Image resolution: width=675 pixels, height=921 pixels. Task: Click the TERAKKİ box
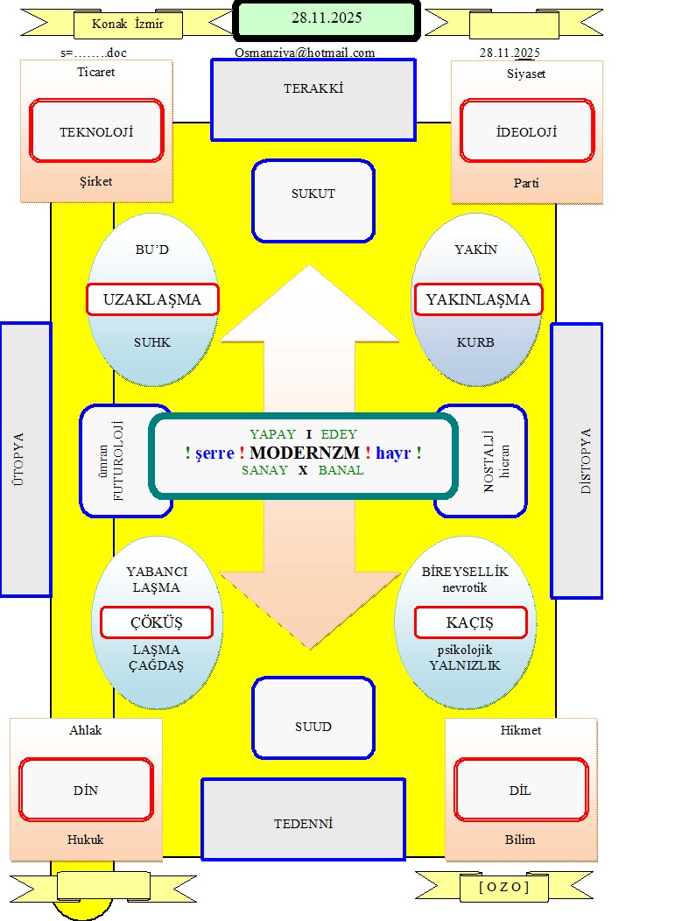point(313,99)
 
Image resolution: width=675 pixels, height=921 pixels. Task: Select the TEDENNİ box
point(303,823)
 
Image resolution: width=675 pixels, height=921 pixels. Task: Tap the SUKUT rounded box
point(313,200)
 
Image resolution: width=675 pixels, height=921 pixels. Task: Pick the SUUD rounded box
point(313,717)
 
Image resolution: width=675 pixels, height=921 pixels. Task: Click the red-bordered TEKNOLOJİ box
point(96,131)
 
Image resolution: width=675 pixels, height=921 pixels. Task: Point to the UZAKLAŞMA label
point(152,299)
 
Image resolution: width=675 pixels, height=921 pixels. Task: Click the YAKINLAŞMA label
point(478,299)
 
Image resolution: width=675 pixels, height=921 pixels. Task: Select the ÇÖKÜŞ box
point(157,622)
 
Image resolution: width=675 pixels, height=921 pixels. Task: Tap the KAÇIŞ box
point(470,622)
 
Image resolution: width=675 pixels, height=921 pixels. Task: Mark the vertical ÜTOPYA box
point(25,459)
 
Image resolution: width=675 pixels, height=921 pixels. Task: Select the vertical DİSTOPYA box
point(577,460)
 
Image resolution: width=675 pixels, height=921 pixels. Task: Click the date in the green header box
point(326,17)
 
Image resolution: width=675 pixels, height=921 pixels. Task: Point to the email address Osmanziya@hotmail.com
point(305,53)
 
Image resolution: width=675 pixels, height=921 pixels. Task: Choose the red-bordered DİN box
point(86,790)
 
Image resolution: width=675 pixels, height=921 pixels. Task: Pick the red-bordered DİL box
point(520,790)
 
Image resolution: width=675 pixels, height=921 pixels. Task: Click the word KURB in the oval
point(475,342)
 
